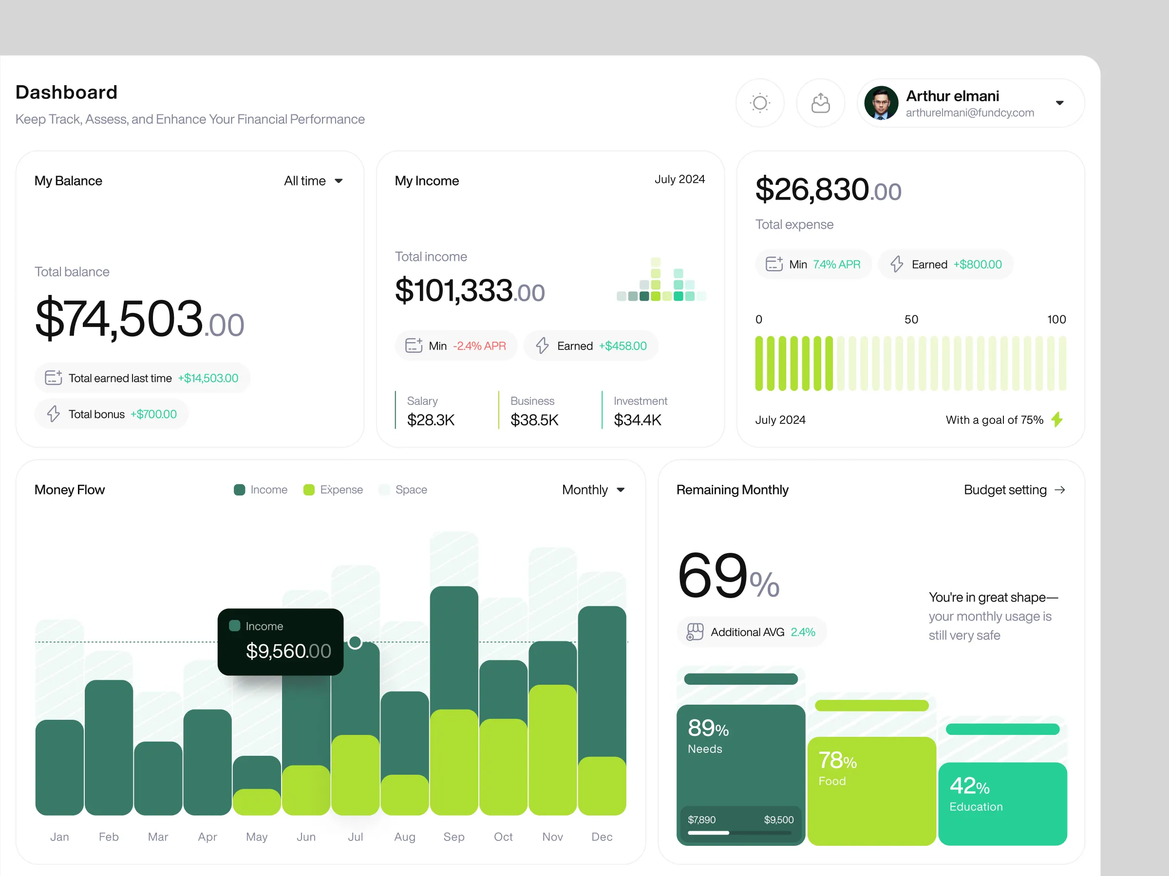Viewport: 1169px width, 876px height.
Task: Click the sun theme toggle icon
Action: tap(759, 103)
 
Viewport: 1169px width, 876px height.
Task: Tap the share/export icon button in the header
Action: tap(820, 103)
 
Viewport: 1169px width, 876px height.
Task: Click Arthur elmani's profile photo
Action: tap(881, 103)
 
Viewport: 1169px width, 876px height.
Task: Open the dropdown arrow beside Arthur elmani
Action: tap(1059, 103)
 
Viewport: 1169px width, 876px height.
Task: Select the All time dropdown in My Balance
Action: tap(313, 181)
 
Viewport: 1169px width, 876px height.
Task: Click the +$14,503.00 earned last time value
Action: tap(207, 378)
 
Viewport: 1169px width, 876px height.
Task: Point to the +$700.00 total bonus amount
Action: tap(153, 415)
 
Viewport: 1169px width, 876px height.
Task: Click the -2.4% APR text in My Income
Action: tap(479, 346)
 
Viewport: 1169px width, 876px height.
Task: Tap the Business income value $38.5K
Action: tap(534, 420)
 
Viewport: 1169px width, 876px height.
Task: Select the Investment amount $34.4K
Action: tap(637, 420)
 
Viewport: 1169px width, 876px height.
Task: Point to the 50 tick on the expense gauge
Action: tap(911, 319)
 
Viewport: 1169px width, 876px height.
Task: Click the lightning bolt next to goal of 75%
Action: tap(1057, 420)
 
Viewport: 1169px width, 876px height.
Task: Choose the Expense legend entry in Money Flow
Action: tap(334, 490)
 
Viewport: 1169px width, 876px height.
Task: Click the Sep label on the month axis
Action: tap(454, 837)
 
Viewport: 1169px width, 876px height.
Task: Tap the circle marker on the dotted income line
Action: tap(355, 642)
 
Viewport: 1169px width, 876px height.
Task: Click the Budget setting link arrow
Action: tap(1059, 490)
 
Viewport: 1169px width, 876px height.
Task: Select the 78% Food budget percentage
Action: tap(837, 761)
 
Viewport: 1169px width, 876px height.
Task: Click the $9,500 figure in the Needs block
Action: tap(778, 820)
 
